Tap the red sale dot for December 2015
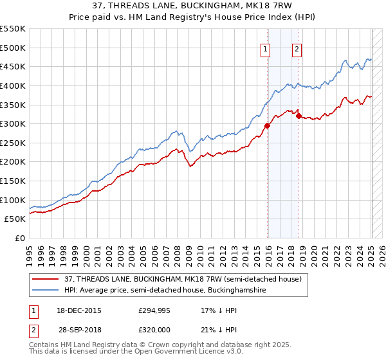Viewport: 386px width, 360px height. tap(268, 126)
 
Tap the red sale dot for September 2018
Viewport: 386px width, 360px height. tap(299, 116)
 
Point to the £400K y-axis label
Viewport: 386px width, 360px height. tap(13, 85)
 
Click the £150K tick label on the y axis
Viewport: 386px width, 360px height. tap(13, 181)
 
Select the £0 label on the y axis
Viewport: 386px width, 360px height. tap(20, 238)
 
